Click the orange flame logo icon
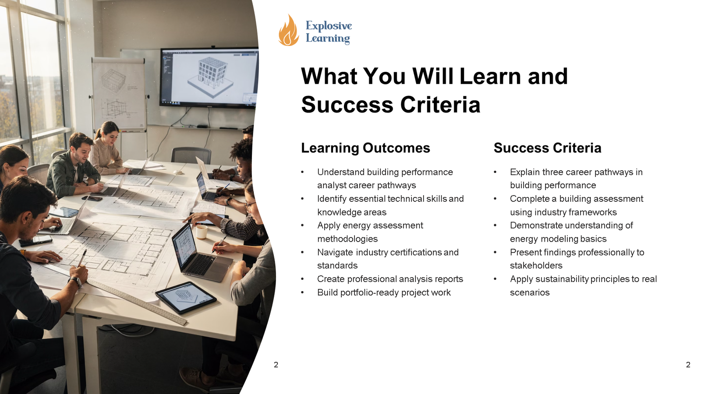click(x=289, y=30)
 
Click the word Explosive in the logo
click(x=329, y=26)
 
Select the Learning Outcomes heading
click(x=365, y=148)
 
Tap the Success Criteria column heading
click(x=547, y=148)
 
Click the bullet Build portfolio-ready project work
click(x=384, y=292)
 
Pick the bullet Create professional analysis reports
click(x=390, y=279)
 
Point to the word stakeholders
click(x=536, y=265)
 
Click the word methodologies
click(x=347, y=239)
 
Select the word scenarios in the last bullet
click(x=530, y=292)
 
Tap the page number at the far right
click(x=688, y=365)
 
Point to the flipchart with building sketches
click(x=119, y=94)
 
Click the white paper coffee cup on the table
click(x=202, y=232)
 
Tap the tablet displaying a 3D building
click(x=186, y=297)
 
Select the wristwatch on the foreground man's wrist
click(x=76, y=282)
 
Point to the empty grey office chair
click(x=191, y=155)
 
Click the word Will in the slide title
click(x=433, y=76)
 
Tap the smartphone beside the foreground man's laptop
click(x=35, y=240)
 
